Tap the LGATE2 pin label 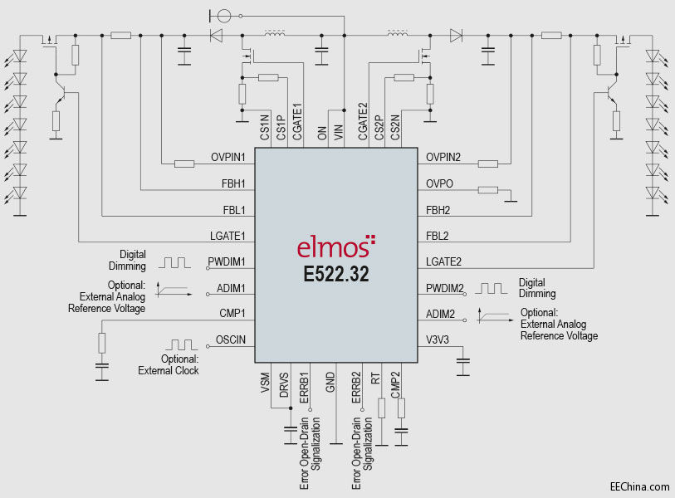(443, 261)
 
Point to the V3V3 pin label (437, 339)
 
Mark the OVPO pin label (438, 183)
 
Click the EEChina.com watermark (639, 486)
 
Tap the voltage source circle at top (221, 15)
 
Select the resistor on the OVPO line (488, 190)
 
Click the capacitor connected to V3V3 (463, 361)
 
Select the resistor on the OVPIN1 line (184, 164)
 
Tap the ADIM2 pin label (440, 314)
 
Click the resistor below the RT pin (381, 408)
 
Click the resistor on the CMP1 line (102, 342)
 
